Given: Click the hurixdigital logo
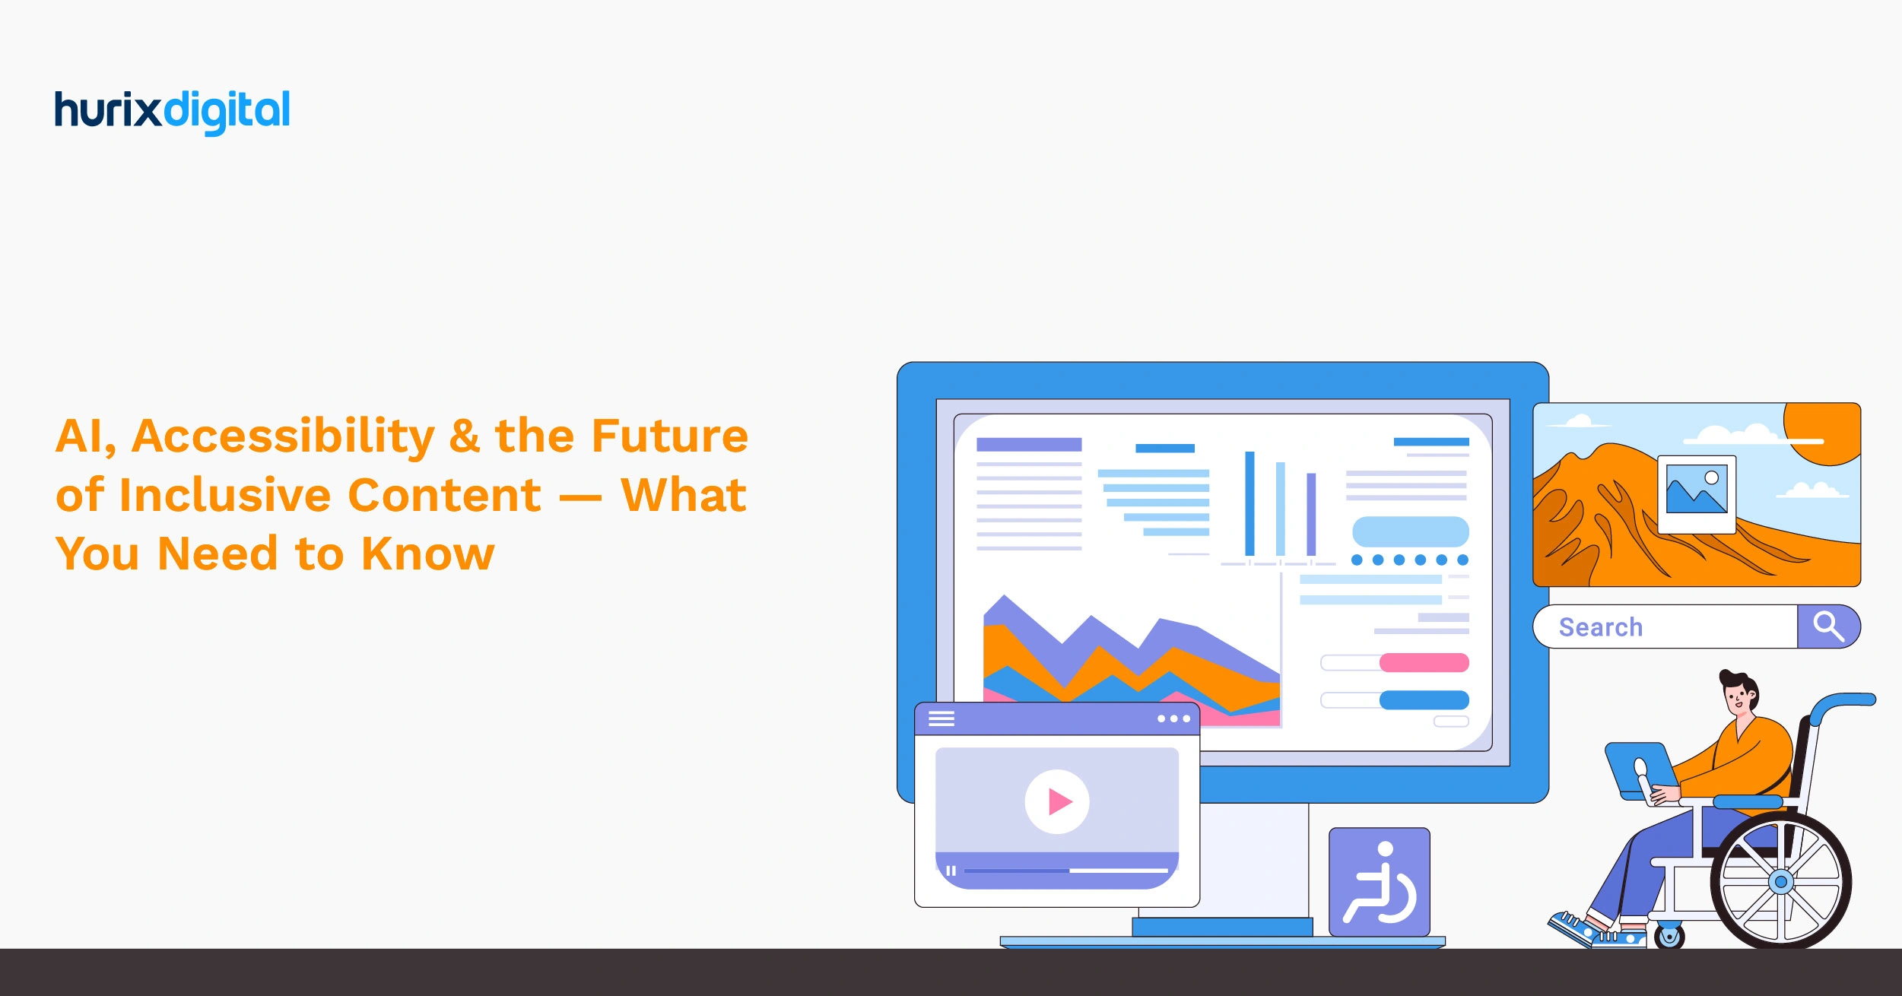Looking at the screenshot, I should (172, 111).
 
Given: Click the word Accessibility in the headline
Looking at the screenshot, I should (283, 437).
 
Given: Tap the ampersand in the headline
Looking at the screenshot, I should (464, 436).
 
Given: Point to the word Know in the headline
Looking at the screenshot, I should (427, 554).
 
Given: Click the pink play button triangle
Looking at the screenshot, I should (1059, 801).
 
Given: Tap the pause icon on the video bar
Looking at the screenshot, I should (951, 871).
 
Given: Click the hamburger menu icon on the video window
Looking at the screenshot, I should (941, 718).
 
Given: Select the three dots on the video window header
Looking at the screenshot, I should (1173, 718).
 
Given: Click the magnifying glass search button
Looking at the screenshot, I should (1828, 626).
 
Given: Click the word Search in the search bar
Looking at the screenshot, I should (1600, 627).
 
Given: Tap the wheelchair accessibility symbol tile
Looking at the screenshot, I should (1379, 882).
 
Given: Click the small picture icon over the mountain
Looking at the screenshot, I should (1696, 493).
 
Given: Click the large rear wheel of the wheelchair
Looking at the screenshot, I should (1781, 882).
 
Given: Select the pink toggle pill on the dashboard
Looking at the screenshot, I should (1424, 662).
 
